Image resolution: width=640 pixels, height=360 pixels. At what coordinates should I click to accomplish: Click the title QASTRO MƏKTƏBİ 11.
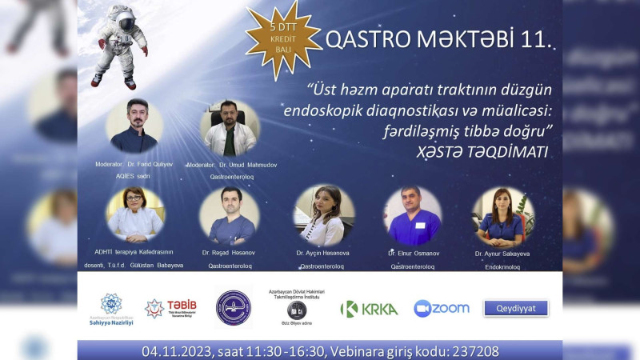tap(438, 40)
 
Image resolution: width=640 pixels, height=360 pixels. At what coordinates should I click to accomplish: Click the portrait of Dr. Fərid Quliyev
tap(134, 126)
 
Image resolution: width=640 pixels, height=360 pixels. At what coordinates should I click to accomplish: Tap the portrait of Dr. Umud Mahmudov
tap(230, 127)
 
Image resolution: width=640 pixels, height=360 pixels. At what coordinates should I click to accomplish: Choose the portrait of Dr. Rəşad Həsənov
tap(230, 215)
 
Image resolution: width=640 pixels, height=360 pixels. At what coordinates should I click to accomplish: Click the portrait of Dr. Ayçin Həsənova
tap(324, 215)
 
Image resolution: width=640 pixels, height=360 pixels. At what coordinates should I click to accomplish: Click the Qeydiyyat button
tap(516, 308)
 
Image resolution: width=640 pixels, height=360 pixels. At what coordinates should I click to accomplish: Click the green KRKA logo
tap(369, 309)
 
